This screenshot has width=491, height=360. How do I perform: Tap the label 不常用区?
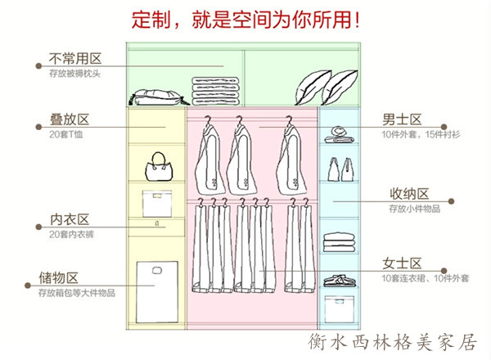(x=74, y=59)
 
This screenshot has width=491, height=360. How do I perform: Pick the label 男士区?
(x=402, y=119)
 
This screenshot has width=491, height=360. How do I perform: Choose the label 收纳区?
(x=408, y=195)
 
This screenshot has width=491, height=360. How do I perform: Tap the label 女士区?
(x=402, y=263)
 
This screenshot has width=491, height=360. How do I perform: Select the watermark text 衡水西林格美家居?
(x=393, y=342)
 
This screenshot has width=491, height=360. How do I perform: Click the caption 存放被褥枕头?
(x=74, y=74)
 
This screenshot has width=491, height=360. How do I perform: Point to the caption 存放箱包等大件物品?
(x=82, y=293)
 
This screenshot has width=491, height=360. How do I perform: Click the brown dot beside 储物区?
(x=38, y=278)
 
